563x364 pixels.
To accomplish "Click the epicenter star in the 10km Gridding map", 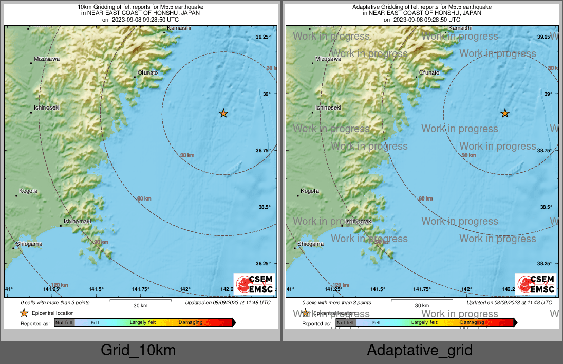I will pos(223,113).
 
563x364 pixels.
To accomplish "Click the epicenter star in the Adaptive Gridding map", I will pos(505,113).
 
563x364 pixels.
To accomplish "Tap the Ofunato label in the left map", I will pos(148,72).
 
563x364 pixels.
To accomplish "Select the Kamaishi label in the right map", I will pos(460,28).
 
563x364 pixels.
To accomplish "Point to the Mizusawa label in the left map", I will pos(47,59).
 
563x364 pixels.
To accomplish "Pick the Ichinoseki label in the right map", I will pos(328,107).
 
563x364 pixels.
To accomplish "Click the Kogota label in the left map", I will pos(29,191).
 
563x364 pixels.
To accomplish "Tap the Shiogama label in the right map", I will pos(310,244).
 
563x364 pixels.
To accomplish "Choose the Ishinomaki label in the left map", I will pos(78,221).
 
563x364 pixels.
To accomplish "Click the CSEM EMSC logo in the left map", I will pos(254,283).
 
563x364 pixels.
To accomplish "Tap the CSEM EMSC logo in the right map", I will pos(536,283).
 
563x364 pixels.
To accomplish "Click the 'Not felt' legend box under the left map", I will pos(64,323).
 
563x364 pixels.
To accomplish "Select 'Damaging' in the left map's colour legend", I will pos(191,323).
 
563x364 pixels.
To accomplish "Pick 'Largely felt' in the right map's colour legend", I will pos(424,323).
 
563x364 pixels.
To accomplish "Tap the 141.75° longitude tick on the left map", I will pos(141,289).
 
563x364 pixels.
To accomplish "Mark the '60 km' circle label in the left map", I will pos(144,198).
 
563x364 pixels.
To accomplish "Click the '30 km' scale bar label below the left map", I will pos(141,305).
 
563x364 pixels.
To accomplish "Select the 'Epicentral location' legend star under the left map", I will pos(24,313).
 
